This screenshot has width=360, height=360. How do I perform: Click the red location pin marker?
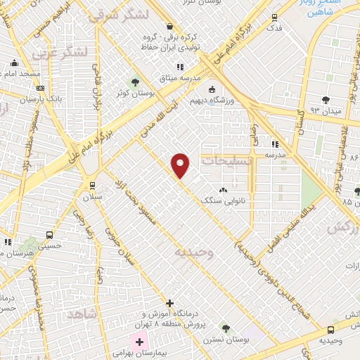[x=181, y=165]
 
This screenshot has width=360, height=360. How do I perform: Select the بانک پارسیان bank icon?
[x=40, y=88]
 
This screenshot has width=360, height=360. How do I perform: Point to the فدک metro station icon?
[x=274, y=18]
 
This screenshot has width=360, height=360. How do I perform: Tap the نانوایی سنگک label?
[x=224, y=200]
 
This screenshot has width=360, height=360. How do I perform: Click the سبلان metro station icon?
[x=91, y=186]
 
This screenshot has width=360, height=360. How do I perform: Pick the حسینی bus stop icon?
[x=49, y=236]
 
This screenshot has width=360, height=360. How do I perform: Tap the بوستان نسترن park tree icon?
[x=226, y=328]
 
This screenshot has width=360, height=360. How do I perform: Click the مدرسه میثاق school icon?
[x=181, y=67]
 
